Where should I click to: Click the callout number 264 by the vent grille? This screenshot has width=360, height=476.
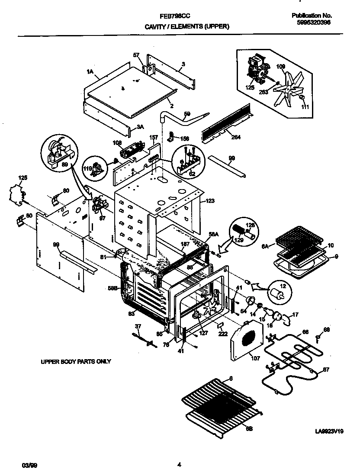point(236,138)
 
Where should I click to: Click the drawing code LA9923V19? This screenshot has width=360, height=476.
point(329,431)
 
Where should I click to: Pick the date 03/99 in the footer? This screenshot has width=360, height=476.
point(28,465)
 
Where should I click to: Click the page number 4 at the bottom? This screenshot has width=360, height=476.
point(179,465)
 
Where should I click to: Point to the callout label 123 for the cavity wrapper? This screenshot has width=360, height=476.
point(210,201)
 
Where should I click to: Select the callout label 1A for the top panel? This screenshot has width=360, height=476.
point(90,72)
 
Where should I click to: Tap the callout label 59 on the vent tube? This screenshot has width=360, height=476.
point(187,114)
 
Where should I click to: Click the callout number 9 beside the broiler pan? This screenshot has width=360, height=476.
point(336,256)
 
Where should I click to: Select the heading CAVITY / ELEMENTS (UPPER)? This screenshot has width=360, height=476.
point(186,26)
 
